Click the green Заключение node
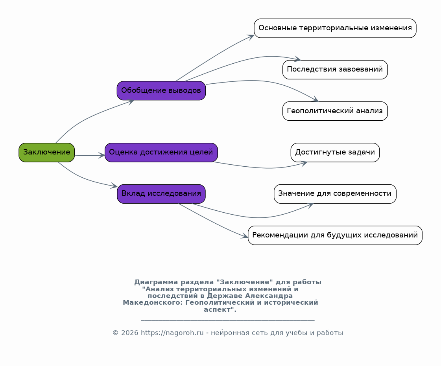click(x=47, y=153)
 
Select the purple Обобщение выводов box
click(x=161, y=90)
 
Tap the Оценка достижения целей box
click(x=161, y=153)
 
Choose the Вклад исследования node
click(x=161, y=194)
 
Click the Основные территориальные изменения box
click(x=335, y=28)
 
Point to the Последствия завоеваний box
click(x=335, y=70)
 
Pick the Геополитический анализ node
click(x=335, y=111)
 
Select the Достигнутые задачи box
click(x=335, y=153)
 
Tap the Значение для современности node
click(x=335, y=194)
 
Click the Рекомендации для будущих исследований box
click(x=335, y=235)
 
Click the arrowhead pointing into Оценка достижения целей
click(x=101, y=155)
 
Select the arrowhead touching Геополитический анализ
click(x=315, y=99)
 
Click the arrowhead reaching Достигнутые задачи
click(x=304, y=164)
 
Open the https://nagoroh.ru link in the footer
click(x=172, y=333)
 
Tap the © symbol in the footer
click(x=115, y=333)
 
